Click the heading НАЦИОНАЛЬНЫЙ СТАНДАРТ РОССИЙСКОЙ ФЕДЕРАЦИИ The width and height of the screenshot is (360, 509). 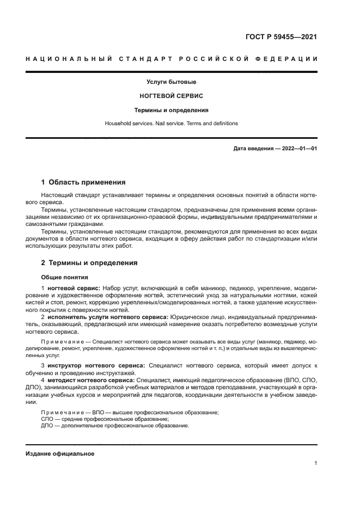click(171, 59)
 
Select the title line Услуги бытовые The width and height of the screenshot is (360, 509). click(171, 82)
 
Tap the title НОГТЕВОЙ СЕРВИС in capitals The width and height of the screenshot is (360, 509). click(171, 96)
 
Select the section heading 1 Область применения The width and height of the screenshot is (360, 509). click(83, 182)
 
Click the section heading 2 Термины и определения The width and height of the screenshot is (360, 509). click(89, 262)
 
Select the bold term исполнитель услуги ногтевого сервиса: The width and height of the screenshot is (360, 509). click(107, 316)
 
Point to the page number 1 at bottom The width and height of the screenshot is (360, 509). click(315, 464)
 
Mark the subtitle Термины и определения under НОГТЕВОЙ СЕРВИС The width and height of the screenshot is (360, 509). click(171, 110)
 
